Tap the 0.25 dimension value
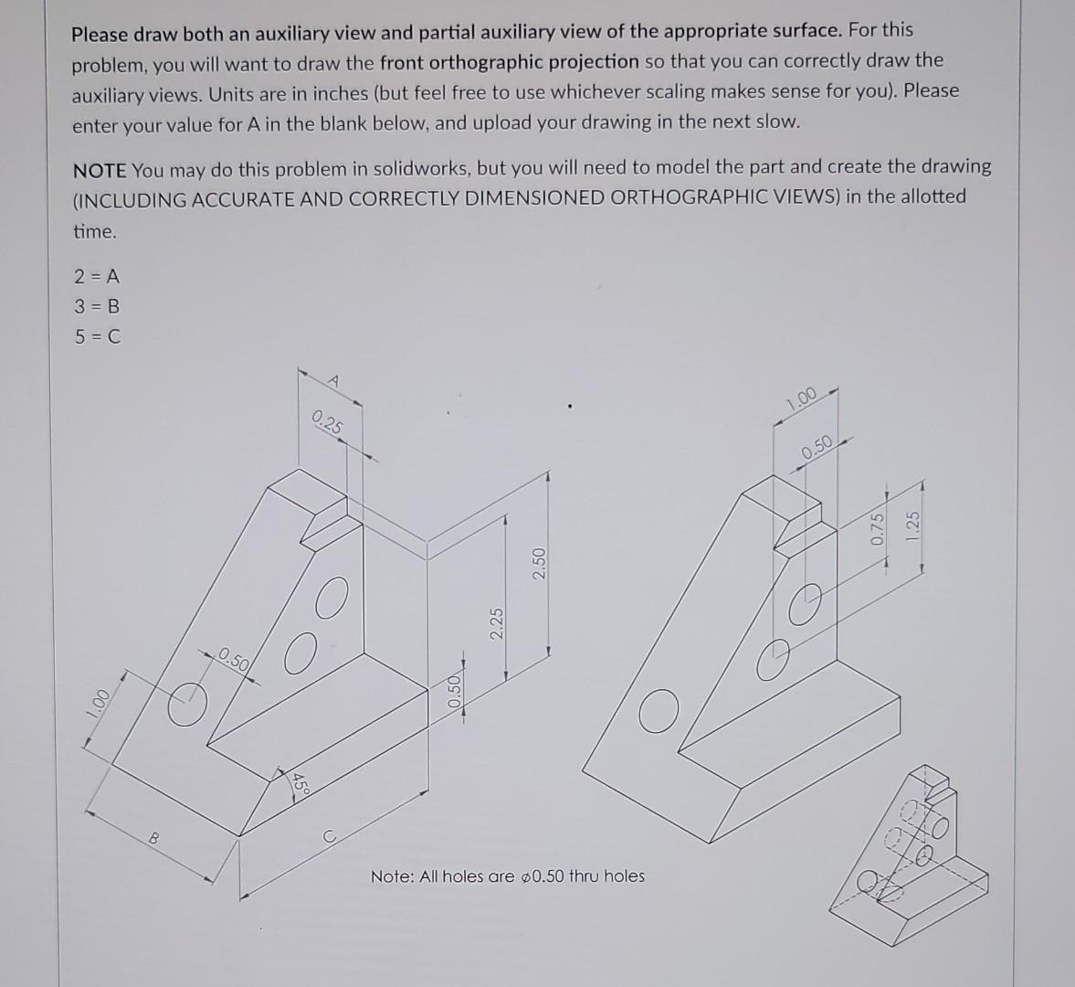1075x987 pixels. point(328,423)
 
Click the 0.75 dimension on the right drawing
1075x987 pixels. point(878,530)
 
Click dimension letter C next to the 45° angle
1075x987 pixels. point(330,835)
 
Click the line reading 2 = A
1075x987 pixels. point(97,276)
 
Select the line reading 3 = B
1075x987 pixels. point(97,306)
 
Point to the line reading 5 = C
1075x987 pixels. point(97,336)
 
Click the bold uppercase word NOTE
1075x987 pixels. point(100,169)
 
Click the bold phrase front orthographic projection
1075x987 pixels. point(510,61)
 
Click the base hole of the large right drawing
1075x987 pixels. point(659,712)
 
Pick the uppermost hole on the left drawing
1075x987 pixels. point(332,598)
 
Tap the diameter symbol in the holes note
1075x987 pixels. point(524,876)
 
